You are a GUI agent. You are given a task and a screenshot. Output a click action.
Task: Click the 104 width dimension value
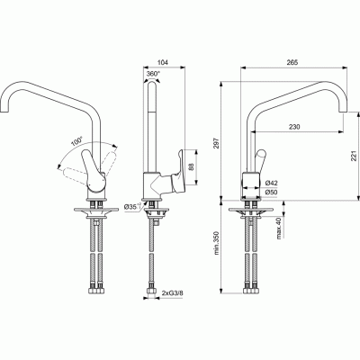point(162,62)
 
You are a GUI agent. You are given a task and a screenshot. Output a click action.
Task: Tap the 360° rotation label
point(153,74)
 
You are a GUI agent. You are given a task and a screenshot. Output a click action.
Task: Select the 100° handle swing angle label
point(76,141)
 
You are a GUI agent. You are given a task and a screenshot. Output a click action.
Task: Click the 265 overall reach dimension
point(292,62)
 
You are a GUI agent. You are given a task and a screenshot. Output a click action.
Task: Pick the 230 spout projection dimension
point(294,127)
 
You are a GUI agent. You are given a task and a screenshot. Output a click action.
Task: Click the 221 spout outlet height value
point(355,156)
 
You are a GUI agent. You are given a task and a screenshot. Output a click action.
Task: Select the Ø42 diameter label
point(272,183)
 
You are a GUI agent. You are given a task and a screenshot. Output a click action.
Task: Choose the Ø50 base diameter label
point(272,193)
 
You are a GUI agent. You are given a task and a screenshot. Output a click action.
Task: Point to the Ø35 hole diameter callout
point(133,206)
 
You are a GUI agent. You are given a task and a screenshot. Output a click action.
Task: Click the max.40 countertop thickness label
point(279,229)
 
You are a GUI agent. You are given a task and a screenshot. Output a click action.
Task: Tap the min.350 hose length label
point(218,243)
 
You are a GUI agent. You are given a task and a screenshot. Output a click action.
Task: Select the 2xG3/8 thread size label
point(172,292)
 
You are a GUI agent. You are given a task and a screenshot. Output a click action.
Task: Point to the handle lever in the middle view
point(177,170)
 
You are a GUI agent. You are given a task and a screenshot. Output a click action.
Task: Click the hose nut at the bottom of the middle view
point(151,292)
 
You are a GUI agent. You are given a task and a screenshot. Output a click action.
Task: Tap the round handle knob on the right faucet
point(260,156)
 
